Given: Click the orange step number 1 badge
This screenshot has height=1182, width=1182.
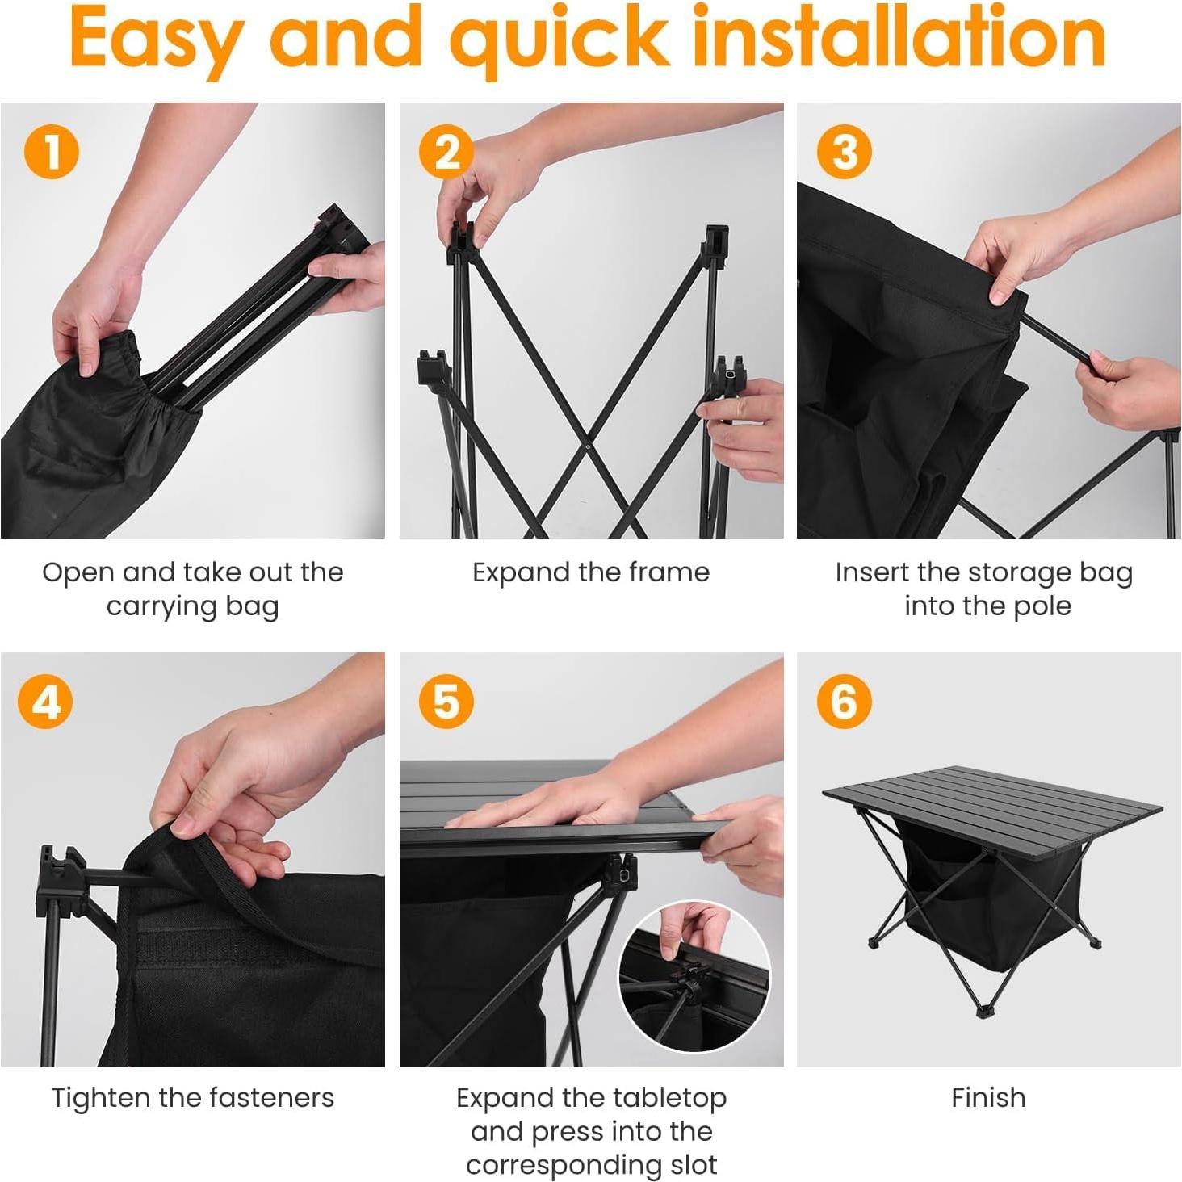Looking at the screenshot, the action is point(52,151).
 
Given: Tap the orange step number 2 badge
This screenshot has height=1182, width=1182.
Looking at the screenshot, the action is point(446,151).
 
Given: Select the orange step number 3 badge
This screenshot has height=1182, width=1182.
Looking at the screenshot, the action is point(844,151).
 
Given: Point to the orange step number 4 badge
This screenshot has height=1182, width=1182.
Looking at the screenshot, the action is point(44,701).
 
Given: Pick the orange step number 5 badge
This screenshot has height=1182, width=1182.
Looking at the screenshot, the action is point(446,701).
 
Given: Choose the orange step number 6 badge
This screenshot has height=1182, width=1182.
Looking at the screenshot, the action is point(844,701).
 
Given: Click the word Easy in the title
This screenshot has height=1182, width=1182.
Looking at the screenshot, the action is point(157,40).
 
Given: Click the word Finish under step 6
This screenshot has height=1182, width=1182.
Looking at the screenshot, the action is point(988,1097).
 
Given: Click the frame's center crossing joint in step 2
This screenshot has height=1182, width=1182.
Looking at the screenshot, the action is point(588,446).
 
